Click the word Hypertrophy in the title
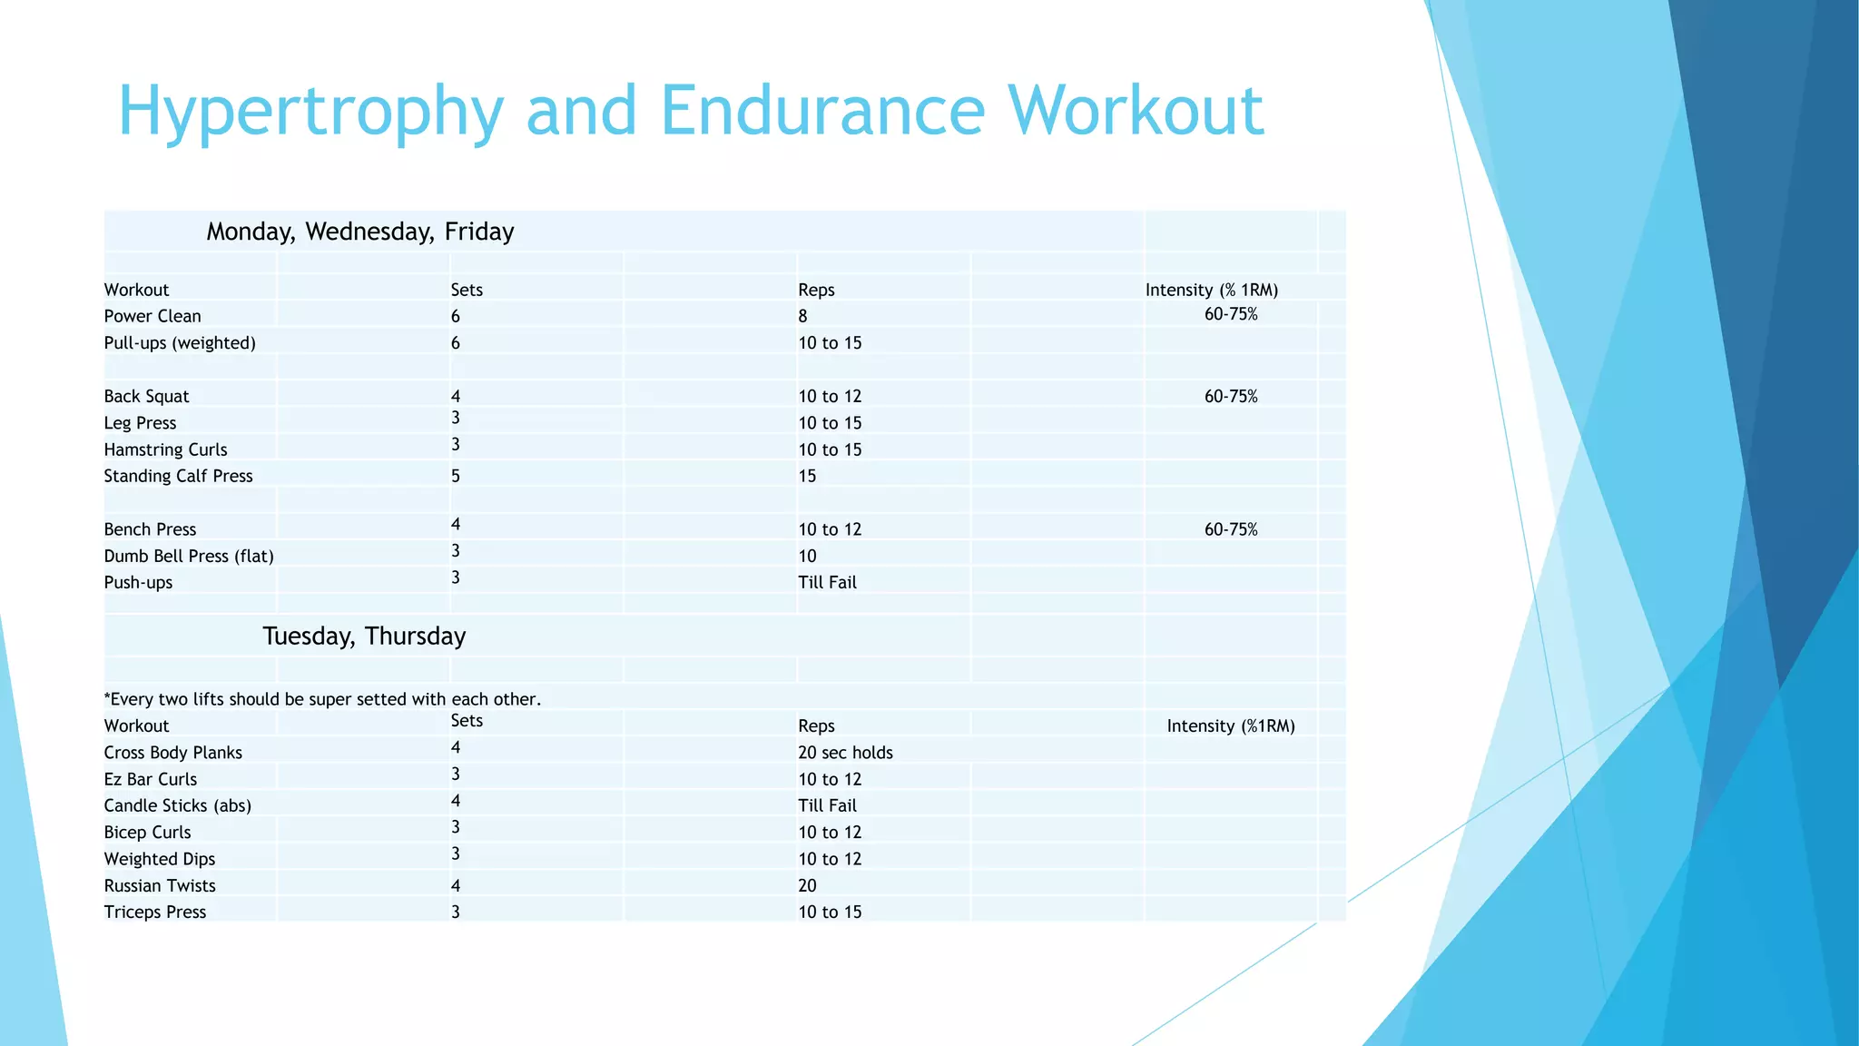[310, 111]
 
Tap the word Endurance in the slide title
[822, 111]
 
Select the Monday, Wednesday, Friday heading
[360, 232]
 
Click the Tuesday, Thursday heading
[364, 636]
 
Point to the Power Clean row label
[152, 316]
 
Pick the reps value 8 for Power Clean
[802, 316]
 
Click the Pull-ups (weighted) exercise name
[180, 343]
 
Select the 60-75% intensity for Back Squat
[1231, 396]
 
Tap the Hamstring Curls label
[165, 449]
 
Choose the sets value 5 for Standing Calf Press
[456, 476]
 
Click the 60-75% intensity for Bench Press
[1231, 529]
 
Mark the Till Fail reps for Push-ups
[827, 582]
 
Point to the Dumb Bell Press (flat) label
[189, 556]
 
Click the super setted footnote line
[322, 699]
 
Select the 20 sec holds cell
[845, 753]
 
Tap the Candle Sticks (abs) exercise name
[178, 805]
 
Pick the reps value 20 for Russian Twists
[807, 885]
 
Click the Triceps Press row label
[155, 912]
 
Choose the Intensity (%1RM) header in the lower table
[1231, 725]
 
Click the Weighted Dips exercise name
[160, 859]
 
